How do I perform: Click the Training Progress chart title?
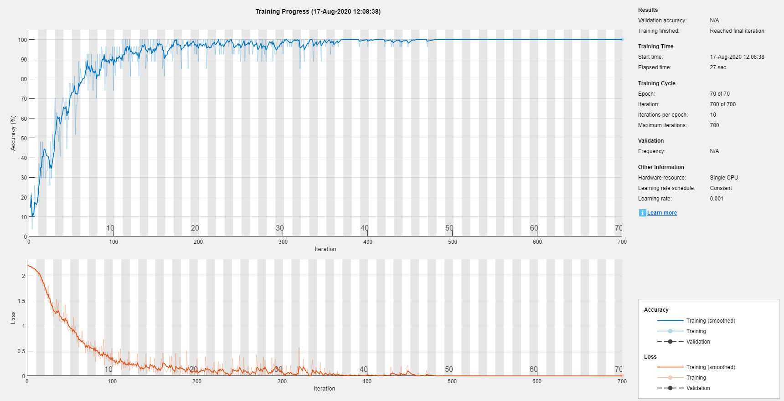click(x=318, y=11)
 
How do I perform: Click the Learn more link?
click(x=662, y=213)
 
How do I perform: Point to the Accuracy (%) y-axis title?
click(x=13, y=133)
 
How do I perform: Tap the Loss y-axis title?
click(x=13, y=318)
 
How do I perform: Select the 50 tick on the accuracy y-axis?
click(x=24, y=138)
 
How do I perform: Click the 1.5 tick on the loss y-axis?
click(x=21, y=301)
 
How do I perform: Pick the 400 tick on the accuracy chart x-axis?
click(x=368, y=242)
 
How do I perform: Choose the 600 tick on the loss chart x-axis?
click(x=537, y=381)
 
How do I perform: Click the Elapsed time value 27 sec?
click(x=718, y=67)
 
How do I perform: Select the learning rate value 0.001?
click(x=717, y=199)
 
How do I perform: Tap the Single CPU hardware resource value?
click(x=724, y=178)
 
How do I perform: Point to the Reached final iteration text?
click(x=737, y=31)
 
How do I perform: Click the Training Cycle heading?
click(x=657, y=83)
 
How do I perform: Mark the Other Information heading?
click(x=661, y=167)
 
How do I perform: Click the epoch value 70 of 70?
click(x=720, y=94)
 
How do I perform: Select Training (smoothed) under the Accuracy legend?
click(x=711, y=321)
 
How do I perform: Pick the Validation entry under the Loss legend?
click(x=698, y=388)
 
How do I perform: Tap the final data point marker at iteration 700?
click(x=622, y=40)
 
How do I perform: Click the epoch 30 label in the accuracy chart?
click(x=280, y=228)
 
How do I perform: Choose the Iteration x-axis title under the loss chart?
click(x=325, y=389)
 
